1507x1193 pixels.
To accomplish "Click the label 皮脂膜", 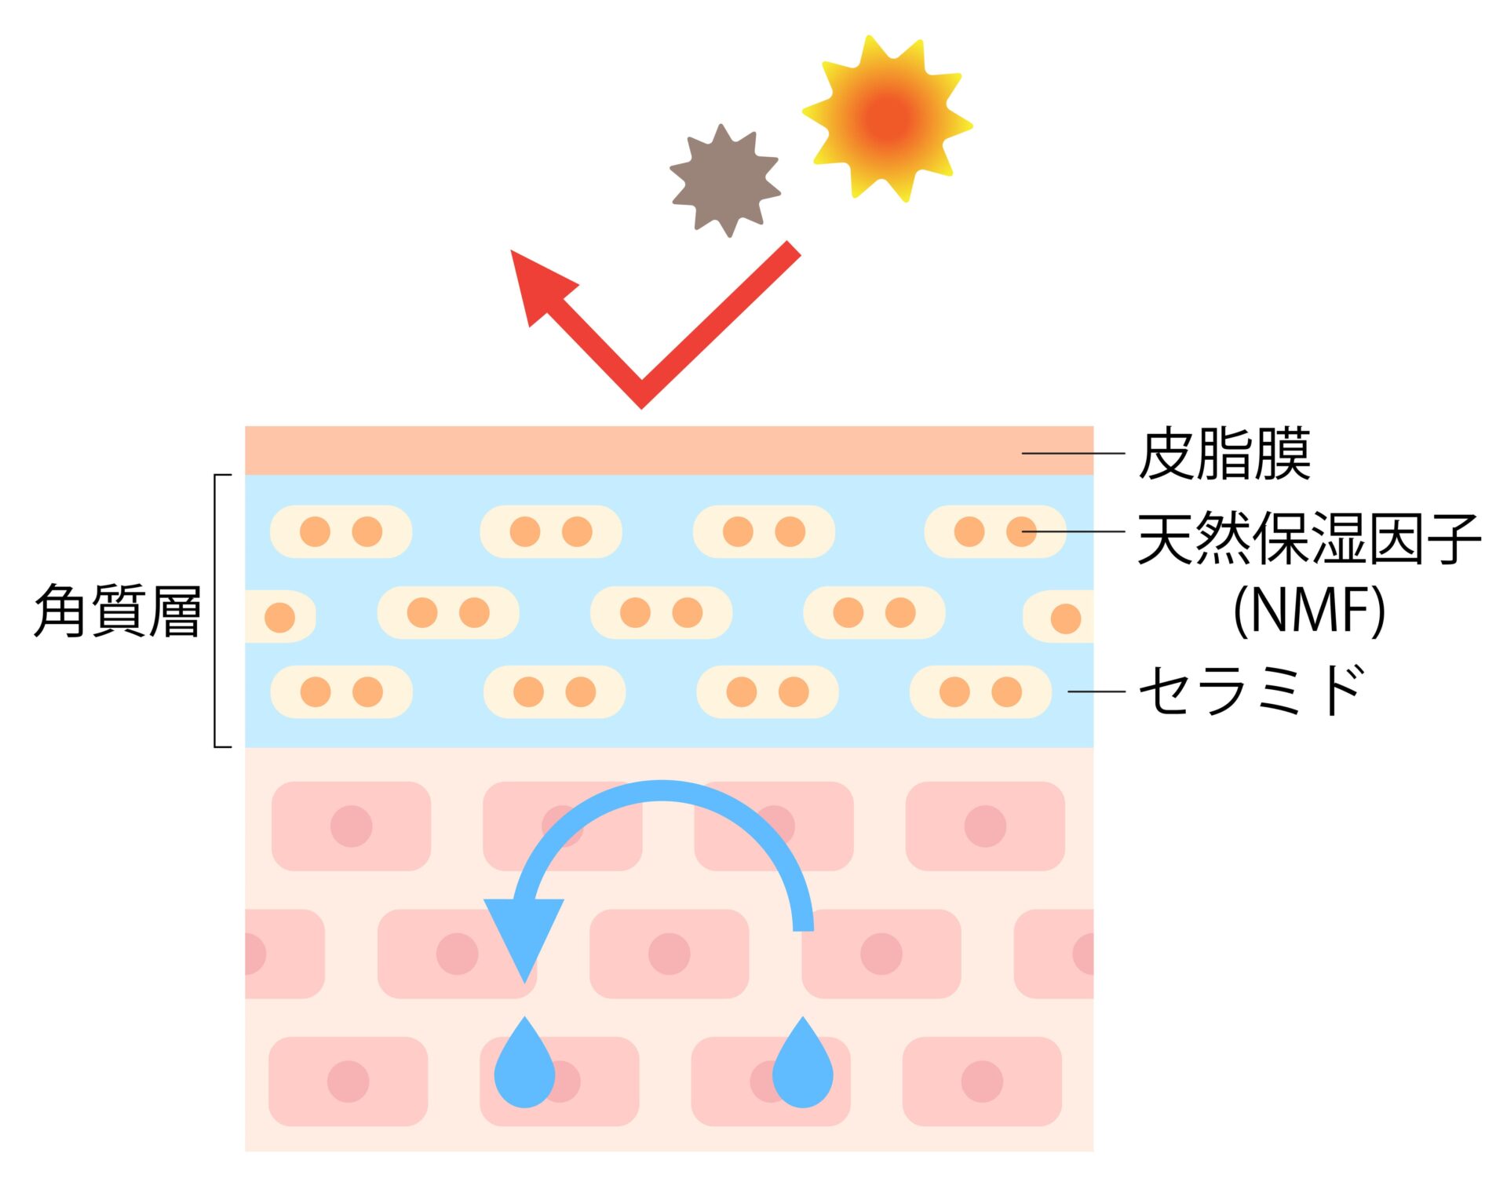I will pyautogui.click(x=1224, y=454).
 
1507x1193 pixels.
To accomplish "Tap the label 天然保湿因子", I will pyautogui.click(x=1308, y=538).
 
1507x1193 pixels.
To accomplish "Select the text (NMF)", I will pyautogui.click(x=1308, y=611).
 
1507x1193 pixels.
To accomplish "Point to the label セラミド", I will pyautogui.click(x=1251, y=691).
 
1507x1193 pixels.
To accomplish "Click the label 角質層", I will pyautogui.click(x=118, y=611).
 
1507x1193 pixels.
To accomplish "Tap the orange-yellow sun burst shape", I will pyautogui.click(x=888, y=119).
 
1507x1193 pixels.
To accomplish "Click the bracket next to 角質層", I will pyautogui.click(x=217, y=611).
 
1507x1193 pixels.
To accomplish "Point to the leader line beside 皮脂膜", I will pyautogui.click(x=1072, y=454).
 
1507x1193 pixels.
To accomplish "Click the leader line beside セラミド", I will pyautogui.click(x=1096, y=691).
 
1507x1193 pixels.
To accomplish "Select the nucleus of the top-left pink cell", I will pyautogui.click(x=351, y=826).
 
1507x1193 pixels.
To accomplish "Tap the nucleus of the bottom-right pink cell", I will pyautogui.click(x=982, y=1082).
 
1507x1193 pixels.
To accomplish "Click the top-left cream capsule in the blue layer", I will pyautogui.click(x=341, y=531).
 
